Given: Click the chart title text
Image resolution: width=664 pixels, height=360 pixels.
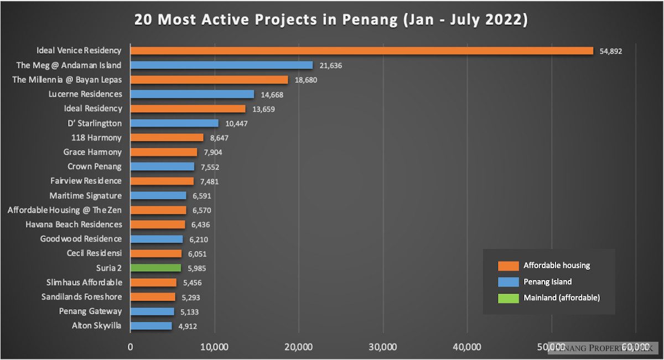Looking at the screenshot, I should tap(331, 20).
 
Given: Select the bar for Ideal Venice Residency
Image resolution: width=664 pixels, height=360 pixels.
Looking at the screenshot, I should tap(361, 50).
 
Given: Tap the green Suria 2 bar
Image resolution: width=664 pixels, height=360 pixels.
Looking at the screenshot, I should tap(155, 268).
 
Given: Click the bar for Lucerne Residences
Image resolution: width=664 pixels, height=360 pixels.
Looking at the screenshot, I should tap(192, 94).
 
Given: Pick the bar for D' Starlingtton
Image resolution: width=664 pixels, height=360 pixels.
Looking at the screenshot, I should tap(174, 123).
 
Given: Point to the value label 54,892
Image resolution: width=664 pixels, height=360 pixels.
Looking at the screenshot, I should tap(611, 51).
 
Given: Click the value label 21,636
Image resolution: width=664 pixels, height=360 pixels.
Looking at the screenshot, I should tap(331, 65).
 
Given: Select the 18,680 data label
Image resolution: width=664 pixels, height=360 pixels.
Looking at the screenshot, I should tap(306, 80).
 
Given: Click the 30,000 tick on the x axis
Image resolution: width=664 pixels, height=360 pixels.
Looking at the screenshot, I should tap(383, 347).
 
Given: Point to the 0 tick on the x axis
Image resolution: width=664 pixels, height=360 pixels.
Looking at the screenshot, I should tap(131, 347).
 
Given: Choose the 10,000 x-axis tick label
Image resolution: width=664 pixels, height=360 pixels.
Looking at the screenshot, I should tap(214, 347).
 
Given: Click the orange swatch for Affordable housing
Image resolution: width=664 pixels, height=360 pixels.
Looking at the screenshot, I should tap(508, 265).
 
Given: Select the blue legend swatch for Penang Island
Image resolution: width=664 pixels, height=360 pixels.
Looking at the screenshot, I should tap(508, 282).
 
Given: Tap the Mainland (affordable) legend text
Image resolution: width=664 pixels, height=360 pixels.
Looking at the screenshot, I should tap(562, 298).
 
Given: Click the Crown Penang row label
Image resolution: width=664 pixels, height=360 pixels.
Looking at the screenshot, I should tap(95, 166).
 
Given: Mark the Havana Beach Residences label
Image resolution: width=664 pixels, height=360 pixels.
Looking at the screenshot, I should tap(74, 225).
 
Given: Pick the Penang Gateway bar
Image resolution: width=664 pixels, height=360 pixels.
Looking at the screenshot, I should tap(152, 311).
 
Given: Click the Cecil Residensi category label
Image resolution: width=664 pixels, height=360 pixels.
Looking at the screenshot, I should tap(93, 253).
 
